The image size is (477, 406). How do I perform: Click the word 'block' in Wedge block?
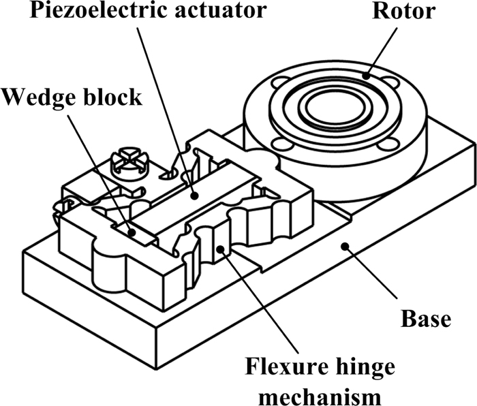click(x=114, y=97)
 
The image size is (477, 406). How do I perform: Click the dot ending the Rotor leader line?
click(x=367, y=76)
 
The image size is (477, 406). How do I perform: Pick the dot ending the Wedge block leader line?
click(x=131, y=231)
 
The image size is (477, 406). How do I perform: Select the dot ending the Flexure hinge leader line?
click(x=220, y=252)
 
